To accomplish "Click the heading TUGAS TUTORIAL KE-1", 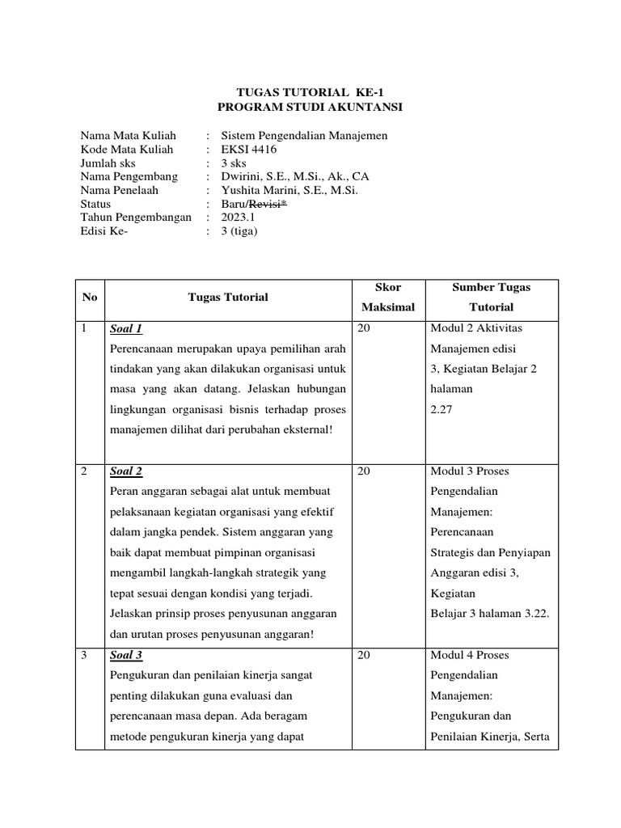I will click(x=310, y=92).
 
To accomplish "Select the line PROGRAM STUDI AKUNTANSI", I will click(x=310, y=107).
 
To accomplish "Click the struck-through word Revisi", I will click(x=269, y=205).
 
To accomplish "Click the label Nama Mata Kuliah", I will click(x=128, y=136).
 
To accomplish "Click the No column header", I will click(x=90, y=298).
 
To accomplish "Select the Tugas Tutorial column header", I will click(x=228, y=298).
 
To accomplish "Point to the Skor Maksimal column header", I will click(x=388, y=298).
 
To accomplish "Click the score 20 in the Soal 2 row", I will click(x=364, y=471).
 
